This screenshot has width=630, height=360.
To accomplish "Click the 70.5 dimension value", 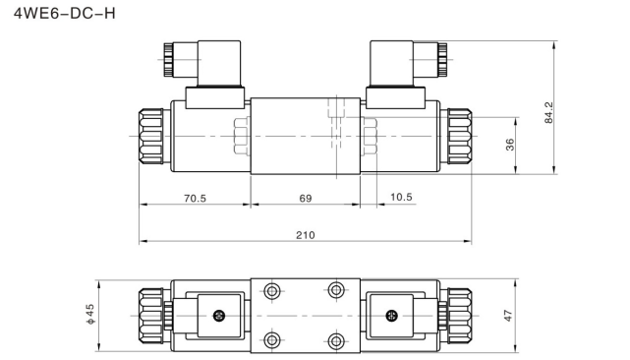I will (196, 198).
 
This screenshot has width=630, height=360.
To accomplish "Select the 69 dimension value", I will (305, 198).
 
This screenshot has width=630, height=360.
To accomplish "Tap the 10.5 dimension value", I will (401, 198).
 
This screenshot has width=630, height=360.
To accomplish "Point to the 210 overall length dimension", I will (305, 234).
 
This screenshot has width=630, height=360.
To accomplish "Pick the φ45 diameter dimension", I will (90, 315).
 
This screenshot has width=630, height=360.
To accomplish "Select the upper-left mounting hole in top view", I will (272, 290).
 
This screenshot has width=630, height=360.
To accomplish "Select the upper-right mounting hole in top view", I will (336, 290).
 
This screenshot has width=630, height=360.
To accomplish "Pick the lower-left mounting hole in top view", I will (272, 341).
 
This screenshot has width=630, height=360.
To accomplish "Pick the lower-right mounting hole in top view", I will (336, 341).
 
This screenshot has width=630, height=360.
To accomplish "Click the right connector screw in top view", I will (392, 316).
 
